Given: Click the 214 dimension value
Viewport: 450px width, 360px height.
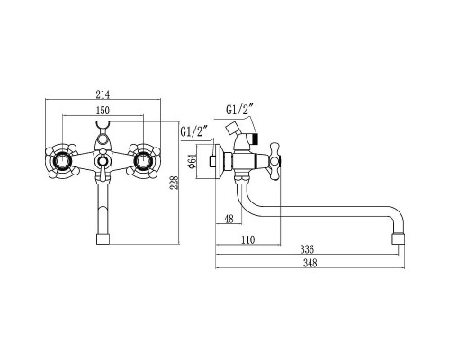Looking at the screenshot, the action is [103, 94].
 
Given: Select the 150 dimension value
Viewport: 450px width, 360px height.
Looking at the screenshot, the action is [103, 111].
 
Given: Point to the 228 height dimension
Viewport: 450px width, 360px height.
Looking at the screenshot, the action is [175, 182].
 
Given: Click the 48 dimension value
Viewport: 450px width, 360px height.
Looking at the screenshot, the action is [229, 219].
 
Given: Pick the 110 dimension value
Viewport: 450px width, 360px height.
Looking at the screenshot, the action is [247, 240].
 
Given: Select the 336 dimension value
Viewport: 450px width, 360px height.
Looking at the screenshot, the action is [307, 249].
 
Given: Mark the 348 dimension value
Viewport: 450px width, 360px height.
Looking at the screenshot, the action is [310, 263].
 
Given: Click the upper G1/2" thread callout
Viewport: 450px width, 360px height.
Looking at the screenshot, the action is [239, 110].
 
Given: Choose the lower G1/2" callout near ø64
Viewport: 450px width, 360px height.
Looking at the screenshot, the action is [194, 131].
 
